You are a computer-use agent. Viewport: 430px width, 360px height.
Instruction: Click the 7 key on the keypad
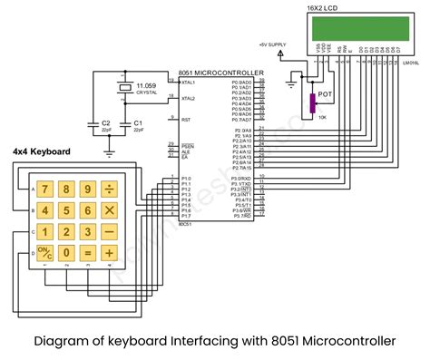(43, 190)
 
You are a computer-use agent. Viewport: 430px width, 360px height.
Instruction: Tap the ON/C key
(43, 253)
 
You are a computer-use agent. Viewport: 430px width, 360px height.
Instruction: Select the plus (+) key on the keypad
(110, 253)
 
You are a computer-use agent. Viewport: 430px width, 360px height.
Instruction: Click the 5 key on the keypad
(65, 210)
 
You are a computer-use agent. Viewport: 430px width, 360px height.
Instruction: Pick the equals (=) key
(87, 253)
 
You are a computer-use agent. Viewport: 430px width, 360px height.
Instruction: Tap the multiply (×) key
(110, 210)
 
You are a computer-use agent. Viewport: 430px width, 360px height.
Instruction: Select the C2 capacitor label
(106, 122)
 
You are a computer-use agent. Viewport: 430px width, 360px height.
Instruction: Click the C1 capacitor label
(137, 122)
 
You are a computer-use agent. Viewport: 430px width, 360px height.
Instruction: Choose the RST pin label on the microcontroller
(184, 119)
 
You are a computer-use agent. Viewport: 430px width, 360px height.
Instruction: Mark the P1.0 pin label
(185, 179)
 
